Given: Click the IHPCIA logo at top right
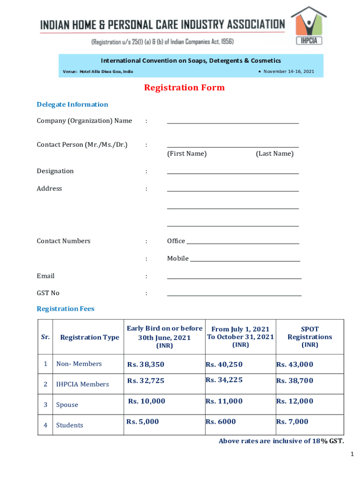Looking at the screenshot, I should coord(309,27).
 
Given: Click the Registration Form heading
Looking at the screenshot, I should coord(184,88).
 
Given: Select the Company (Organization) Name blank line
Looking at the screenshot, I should coord(233,123).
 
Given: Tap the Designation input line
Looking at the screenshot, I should coord(233,173).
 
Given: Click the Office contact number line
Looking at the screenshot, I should coord(243,243).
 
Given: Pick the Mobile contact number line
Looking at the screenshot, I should coord(245,260).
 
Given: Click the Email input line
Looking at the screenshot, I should coord(234,278).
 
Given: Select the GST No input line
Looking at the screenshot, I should coord(234,295).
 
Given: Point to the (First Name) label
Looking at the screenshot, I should coord(187,154).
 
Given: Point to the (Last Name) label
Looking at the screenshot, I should coord(274,154).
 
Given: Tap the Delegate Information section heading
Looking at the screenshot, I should coord(72,104).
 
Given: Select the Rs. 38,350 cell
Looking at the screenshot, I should coord(146,364).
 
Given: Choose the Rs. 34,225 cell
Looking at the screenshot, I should coord(224,380).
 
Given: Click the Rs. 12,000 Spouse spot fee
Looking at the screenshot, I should coord(295,401).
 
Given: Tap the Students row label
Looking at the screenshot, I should coord(70,425).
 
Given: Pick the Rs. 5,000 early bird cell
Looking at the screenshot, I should coord(143,422).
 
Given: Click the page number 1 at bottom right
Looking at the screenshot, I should coord(352,454).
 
